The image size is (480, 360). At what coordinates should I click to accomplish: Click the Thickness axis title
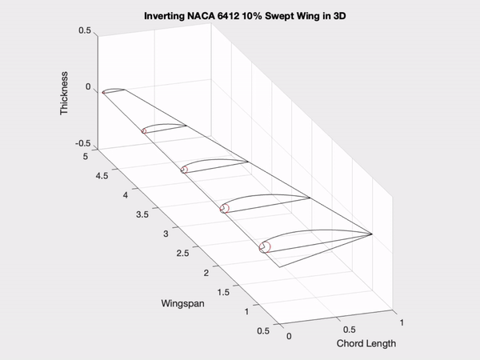point(65,96)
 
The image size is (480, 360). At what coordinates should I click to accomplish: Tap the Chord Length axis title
point(366,344)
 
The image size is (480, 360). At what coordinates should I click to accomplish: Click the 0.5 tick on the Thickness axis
point(84,31)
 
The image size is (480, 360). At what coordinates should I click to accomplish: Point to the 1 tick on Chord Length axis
point(402,321)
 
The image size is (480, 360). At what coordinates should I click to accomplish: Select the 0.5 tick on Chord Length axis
point(346,329)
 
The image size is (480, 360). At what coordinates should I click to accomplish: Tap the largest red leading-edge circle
point(265,247)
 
